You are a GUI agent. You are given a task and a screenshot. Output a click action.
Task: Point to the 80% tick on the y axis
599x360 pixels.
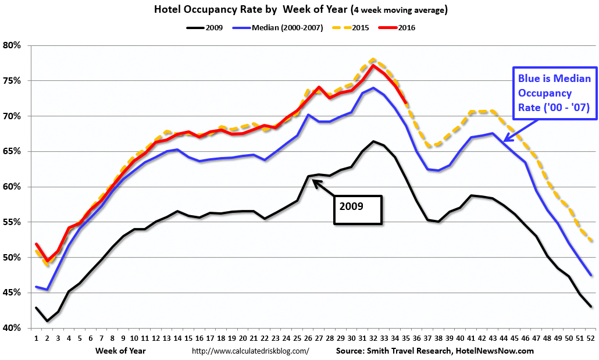click(12, 45)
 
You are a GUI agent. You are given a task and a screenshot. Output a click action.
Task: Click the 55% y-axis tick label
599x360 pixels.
click(12, 222)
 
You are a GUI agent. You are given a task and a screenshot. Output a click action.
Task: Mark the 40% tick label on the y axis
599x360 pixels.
click(12, 328)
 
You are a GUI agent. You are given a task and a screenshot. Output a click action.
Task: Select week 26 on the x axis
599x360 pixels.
click(308, 338)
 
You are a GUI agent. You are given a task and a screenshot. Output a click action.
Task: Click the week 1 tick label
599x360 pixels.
click(36, 338)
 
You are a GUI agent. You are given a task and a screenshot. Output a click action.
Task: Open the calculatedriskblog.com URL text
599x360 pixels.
click(250, 351)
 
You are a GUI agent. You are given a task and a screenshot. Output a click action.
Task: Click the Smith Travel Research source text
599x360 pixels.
click(434, 351)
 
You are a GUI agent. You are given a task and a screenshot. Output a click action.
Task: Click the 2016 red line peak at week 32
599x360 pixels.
click(373, 65)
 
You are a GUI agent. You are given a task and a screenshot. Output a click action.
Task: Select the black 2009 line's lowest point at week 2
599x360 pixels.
click(47, 321)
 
